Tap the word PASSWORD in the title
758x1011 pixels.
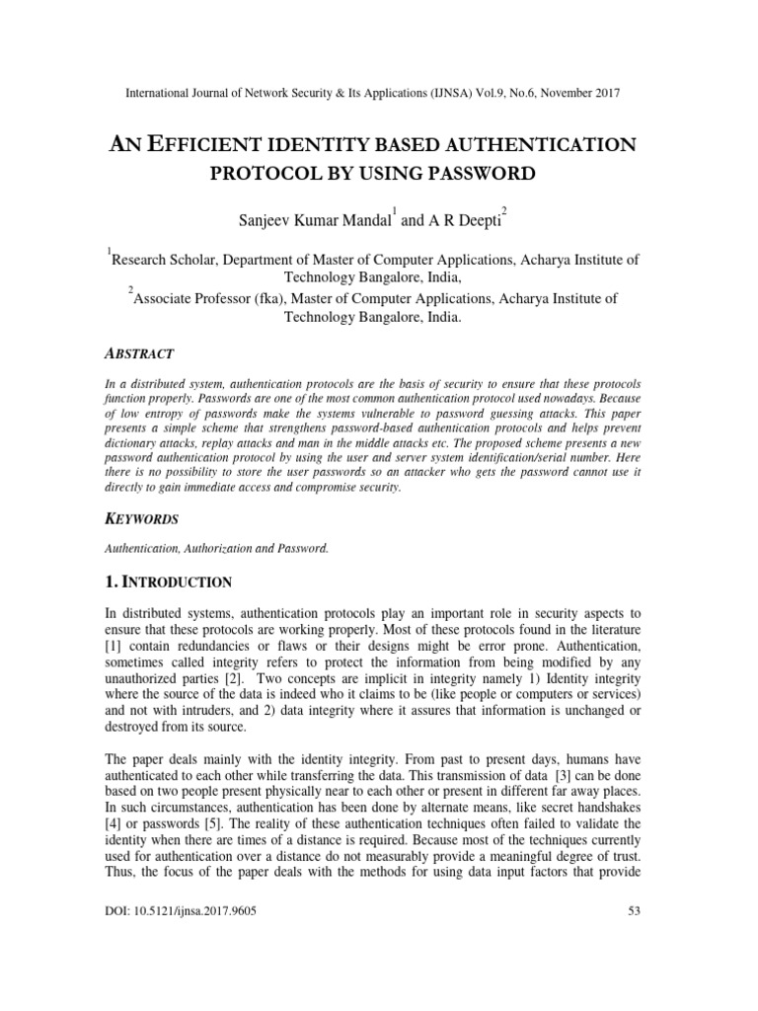tap(475, 175)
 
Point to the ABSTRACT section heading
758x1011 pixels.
tap(139, 353)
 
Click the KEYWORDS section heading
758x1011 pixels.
tap(141, 517)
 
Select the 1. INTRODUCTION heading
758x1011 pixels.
tap(169, 583)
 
